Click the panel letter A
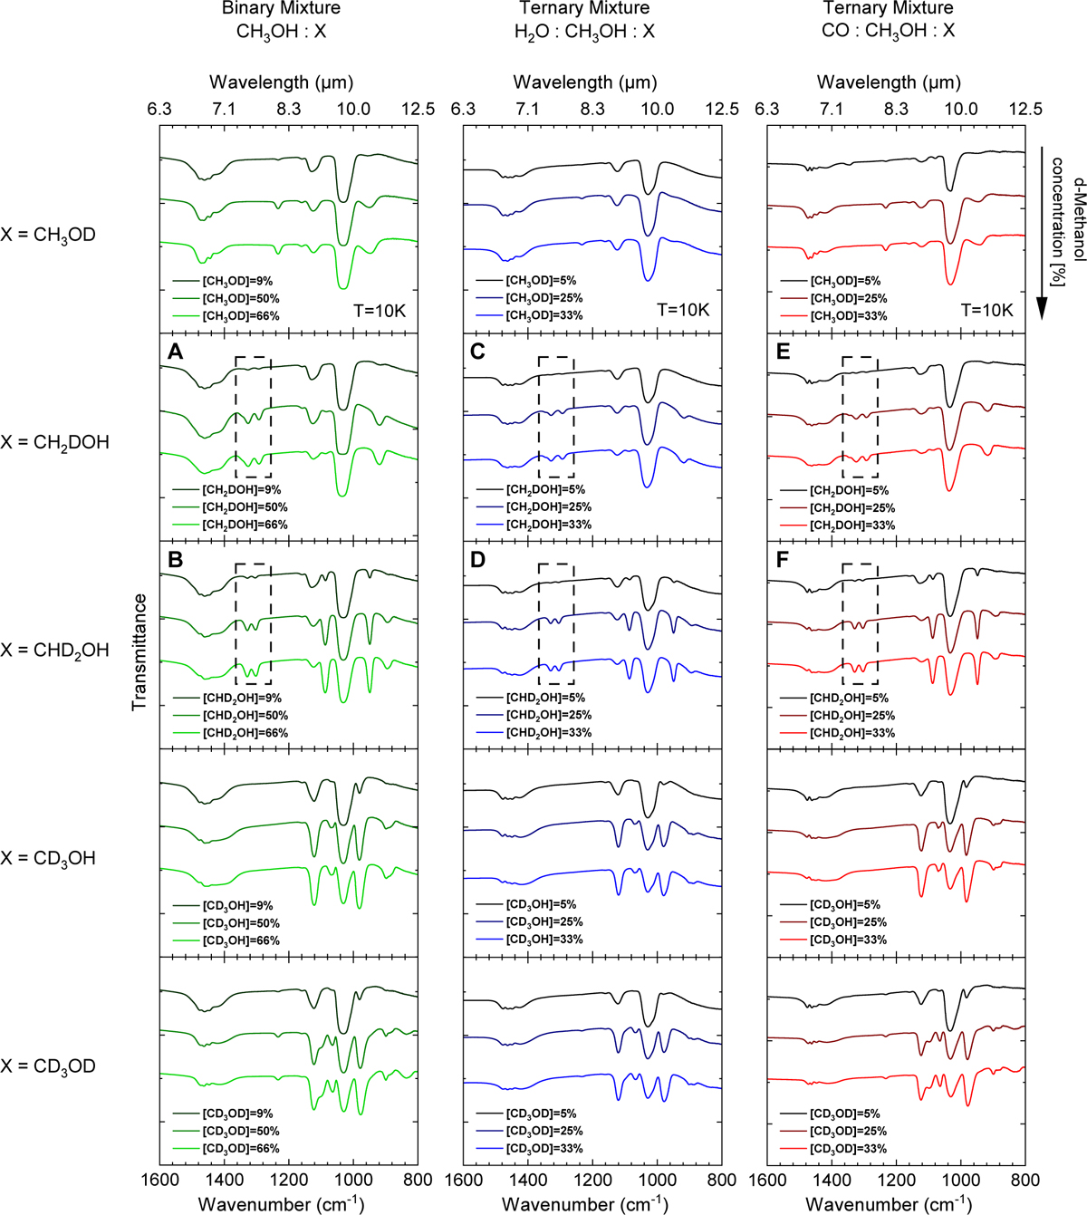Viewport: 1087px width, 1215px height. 176,352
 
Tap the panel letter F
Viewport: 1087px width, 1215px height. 783,560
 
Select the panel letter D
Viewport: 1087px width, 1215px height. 478,560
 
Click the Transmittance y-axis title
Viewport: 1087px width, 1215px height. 139,651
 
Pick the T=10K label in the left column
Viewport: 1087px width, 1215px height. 380,311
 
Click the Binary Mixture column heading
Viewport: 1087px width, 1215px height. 282,8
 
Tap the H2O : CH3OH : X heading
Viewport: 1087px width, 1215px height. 584,32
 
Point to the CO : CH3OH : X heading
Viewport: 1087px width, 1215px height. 888,32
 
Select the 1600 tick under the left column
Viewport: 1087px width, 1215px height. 159,1181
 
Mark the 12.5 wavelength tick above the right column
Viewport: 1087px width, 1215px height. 1025,110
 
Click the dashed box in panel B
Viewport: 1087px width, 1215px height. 253,623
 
